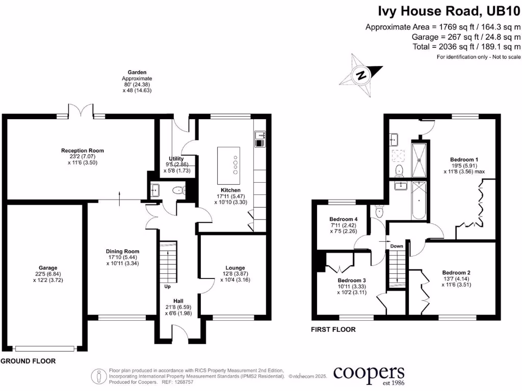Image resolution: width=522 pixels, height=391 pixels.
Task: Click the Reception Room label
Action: [x=82, y=151]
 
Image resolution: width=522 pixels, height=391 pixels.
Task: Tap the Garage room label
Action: [x=48, y=268]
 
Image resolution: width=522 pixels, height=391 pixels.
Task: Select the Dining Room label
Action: [x=122, y=252]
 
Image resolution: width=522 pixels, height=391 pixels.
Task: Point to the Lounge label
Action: [x=235, y=268]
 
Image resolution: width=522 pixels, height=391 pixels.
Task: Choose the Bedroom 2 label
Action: [x=456, y=272]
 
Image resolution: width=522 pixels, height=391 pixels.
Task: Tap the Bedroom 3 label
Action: [x=352, y=281]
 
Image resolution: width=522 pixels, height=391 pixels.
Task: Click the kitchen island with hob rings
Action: [x=228, y=166]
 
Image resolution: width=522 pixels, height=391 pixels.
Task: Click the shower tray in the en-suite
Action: [x=420, y=158]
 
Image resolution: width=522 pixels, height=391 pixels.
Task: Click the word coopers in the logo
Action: [x=369, y=373]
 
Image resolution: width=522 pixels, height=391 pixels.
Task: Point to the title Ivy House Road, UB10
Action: [x=449, y=11]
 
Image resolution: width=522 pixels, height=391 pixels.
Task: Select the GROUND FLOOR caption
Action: [x=28, y=361]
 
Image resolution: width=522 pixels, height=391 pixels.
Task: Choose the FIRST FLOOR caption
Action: [x=333, y=330]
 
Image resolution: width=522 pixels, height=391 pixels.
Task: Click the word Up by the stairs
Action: [x=167, y=287]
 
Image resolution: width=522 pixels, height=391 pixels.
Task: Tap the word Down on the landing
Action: [x=397, y=246]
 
